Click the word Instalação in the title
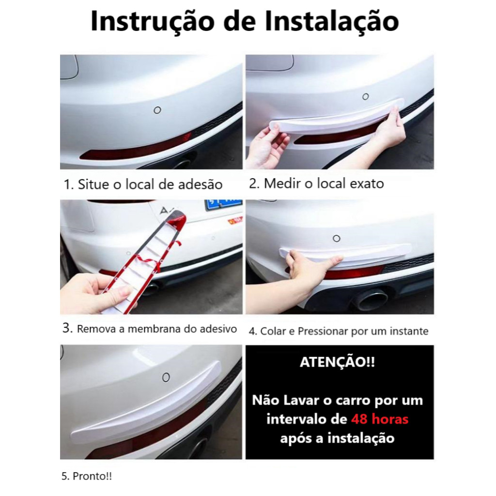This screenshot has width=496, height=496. [x=332, y=21]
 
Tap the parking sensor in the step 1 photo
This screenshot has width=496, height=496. [x=157, y=110]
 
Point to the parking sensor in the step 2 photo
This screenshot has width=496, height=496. [x=365, y=96]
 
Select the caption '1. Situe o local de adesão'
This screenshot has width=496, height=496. [x=143, y=185]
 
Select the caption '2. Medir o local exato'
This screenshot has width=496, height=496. [x=316, y=184]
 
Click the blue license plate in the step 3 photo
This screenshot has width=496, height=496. [x=223, y=205]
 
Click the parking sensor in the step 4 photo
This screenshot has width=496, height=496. [x=336, y=238]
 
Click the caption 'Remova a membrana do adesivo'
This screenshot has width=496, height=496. [x=157, y=329]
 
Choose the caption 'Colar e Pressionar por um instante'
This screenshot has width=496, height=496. [x=344, y=331]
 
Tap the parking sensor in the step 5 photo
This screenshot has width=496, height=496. [x=166, y=377]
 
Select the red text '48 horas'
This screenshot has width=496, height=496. [x=380, y=419]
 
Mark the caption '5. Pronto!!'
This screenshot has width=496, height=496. [x=86, y=476]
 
